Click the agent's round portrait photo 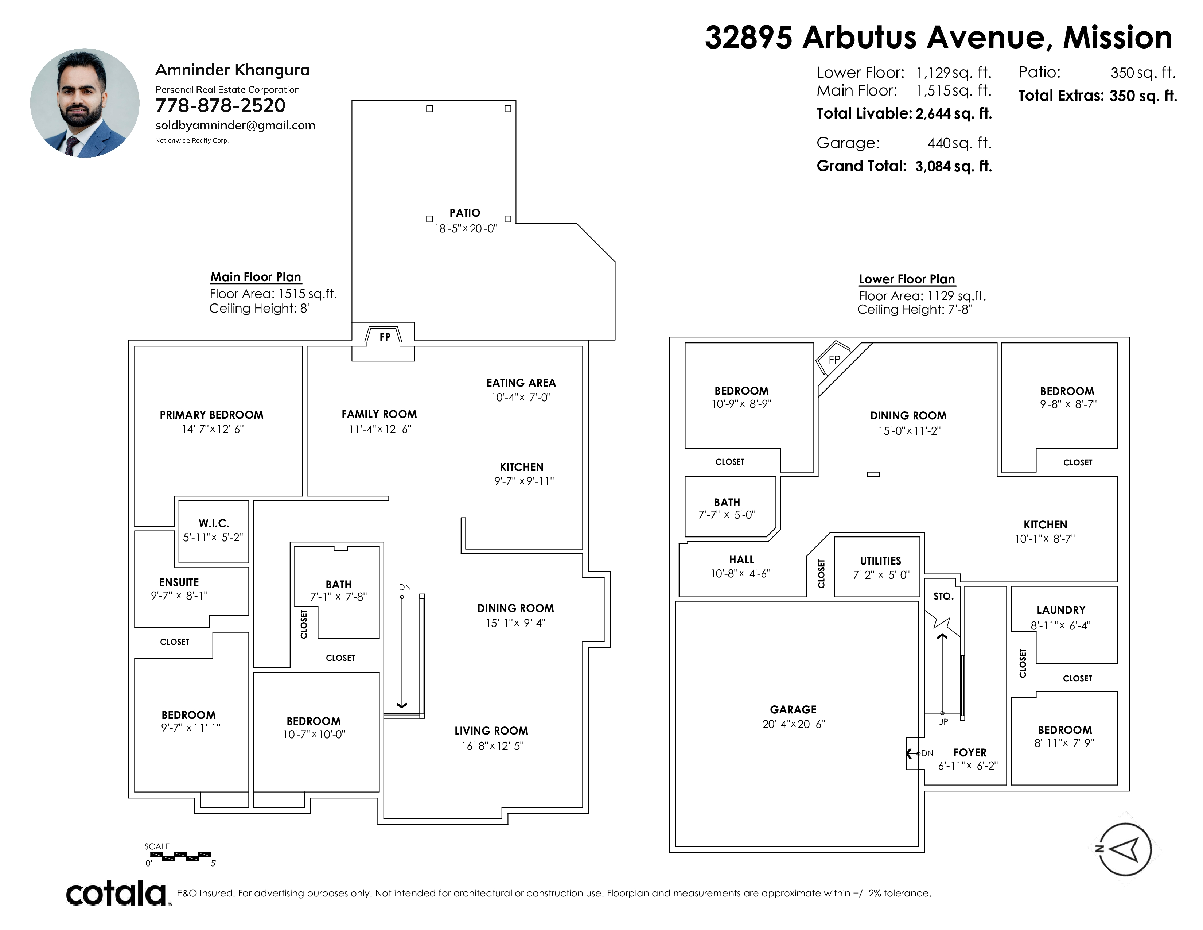85,103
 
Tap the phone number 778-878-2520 220,106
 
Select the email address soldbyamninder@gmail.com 235,125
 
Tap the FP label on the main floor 385,337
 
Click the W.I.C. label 214,523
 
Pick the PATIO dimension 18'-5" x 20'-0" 466,228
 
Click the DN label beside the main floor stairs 405,587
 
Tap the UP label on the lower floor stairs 943,722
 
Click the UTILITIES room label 880,561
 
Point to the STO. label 943,596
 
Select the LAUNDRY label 1061,610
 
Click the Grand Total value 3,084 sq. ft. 954,166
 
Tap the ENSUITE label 179,582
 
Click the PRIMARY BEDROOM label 211,415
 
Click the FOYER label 969,753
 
